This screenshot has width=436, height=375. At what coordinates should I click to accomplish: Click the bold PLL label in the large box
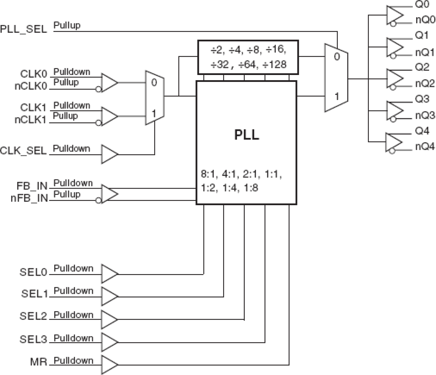pos(246,134)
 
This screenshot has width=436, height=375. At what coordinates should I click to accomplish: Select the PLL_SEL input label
pos(23,29)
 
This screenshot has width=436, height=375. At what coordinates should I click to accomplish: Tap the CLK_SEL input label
pos(23,151)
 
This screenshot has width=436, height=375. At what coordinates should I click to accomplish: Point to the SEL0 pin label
pos(33,272)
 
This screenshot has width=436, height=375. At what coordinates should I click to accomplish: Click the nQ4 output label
pos(425,147)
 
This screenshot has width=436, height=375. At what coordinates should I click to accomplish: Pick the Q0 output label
pos(422,5)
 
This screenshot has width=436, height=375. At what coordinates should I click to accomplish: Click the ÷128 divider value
pos(276,65)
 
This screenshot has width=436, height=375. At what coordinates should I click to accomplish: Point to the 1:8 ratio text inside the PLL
pos(251,188)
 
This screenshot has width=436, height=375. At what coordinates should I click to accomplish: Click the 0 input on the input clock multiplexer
pos(154,83)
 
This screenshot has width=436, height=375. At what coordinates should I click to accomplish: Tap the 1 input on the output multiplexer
pos(336,96)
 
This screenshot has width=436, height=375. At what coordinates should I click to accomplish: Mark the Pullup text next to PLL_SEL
pos(67,25)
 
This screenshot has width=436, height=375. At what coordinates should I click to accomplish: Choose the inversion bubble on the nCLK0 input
pos(99,90)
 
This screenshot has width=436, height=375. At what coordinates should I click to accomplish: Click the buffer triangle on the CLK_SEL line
pos(109,154)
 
